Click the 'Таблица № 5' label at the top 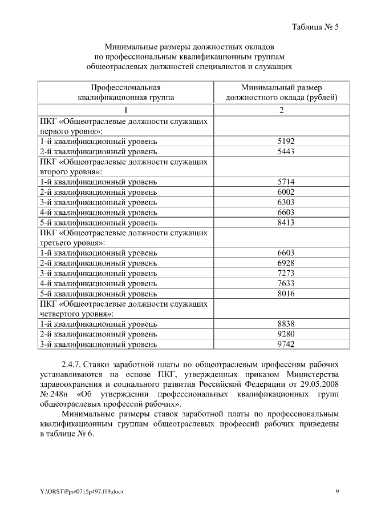click(315, 27)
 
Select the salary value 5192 click(285, 141)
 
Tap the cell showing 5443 click(285, 151)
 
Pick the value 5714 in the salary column click(285, 182)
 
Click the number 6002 click(285, 193)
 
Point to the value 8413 click(285, 223)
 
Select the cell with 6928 click(285, 263)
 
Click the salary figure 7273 click(285, 273)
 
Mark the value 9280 click(285, 334)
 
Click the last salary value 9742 click(285, 344)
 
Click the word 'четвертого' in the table click(60, 314)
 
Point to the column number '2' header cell click(282, 110)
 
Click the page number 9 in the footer click(337, 492)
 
